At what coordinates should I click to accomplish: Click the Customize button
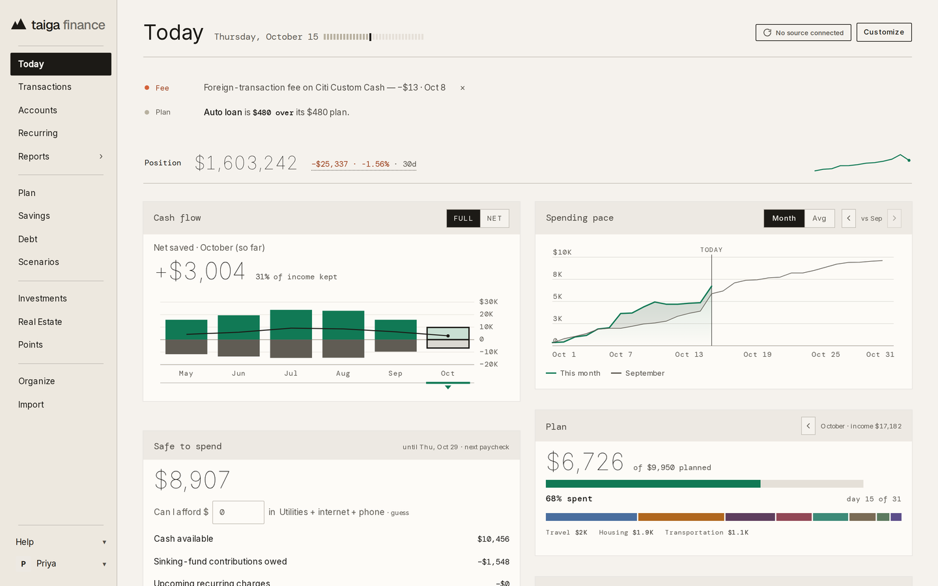pyautogui.click(x=883, y=33)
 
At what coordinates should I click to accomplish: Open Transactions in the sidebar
pyautogui.click(x=45, y=87)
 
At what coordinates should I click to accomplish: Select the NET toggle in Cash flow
pyautogui.click(x=494, y=218)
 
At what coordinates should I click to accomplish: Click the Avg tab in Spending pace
pyautogui.click(x=819, y=218)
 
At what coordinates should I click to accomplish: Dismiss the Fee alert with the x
pyautogui.click(x=462, y=88)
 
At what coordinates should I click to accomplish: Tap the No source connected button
pyautogui.click(x=803, y=33)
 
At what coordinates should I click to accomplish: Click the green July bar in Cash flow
pyautogui.click(x=291, y=324)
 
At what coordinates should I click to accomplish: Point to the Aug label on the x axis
pyautogui.click(x=343, y=373)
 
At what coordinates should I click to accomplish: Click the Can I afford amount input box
pyautogui.click(x=238, y=512)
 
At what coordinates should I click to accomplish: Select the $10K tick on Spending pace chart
pyautogui.click(x=562, y=252)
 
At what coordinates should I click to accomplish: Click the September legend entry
pyautogui.click(x=638, y=373)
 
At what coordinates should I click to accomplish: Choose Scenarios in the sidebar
pyautogui.click(x=38, y=262)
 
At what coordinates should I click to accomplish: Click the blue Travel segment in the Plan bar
pyautogui.click(x=591, y=517)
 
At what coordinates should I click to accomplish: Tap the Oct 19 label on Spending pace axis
pyautogui.click(x=757, y=354)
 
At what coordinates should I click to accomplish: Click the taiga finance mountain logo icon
pyautogui.click(x=18, y=24)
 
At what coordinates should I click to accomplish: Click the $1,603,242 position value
pyautogui.click(x=246, y=163)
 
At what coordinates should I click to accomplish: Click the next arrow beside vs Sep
pyautogui.click(x=894, y=218)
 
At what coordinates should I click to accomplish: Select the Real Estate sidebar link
pyautogui.click(x=40, y=322)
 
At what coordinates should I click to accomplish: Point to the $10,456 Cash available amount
pyautogui.click(x=493, y=539)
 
